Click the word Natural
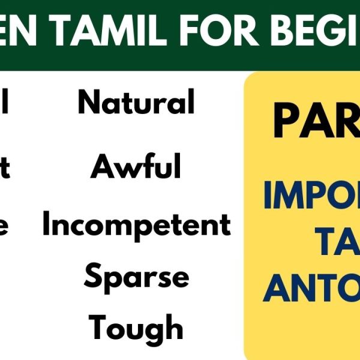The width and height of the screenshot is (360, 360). (x=136, y=103)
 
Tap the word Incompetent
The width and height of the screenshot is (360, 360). (x=136, y=225)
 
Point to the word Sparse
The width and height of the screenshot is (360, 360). (x=136, y=277)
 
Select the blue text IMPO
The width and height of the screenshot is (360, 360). (x=312, y=196)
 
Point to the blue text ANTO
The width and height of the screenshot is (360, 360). (x=312, y=288)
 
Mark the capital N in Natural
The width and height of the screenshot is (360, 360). (x=88, y=103)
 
